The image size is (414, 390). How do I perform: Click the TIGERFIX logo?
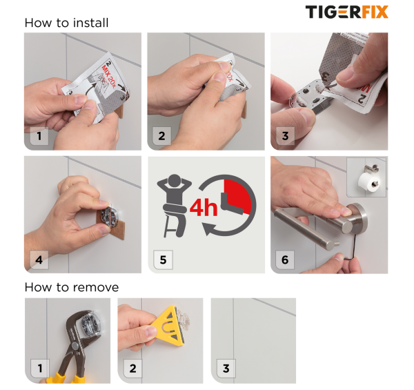click(346, 12)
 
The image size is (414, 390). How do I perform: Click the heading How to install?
click(66, 23)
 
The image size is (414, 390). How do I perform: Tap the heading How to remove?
click(72, 287)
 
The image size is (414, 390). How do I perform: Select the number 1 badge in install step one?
click(39, 136)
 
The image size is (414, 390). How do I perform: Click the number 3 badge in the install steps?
click(285, 136)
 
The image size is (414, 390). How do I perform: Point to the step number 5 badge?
click(163, 260)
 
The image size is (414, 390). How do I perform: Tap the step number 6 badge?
click(285, 260)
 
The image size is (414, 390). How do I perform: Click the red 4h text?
click(204, 207)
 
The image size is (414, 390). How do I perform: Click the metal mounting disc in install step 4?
click(111, 217)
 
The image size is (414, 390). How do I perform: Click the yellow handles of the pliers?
click(66, 378)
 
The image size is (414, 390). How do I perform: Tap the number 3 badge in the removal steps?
click(226, 369)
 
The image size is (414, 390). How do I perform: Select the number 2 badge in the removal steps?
click(132, 369)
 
